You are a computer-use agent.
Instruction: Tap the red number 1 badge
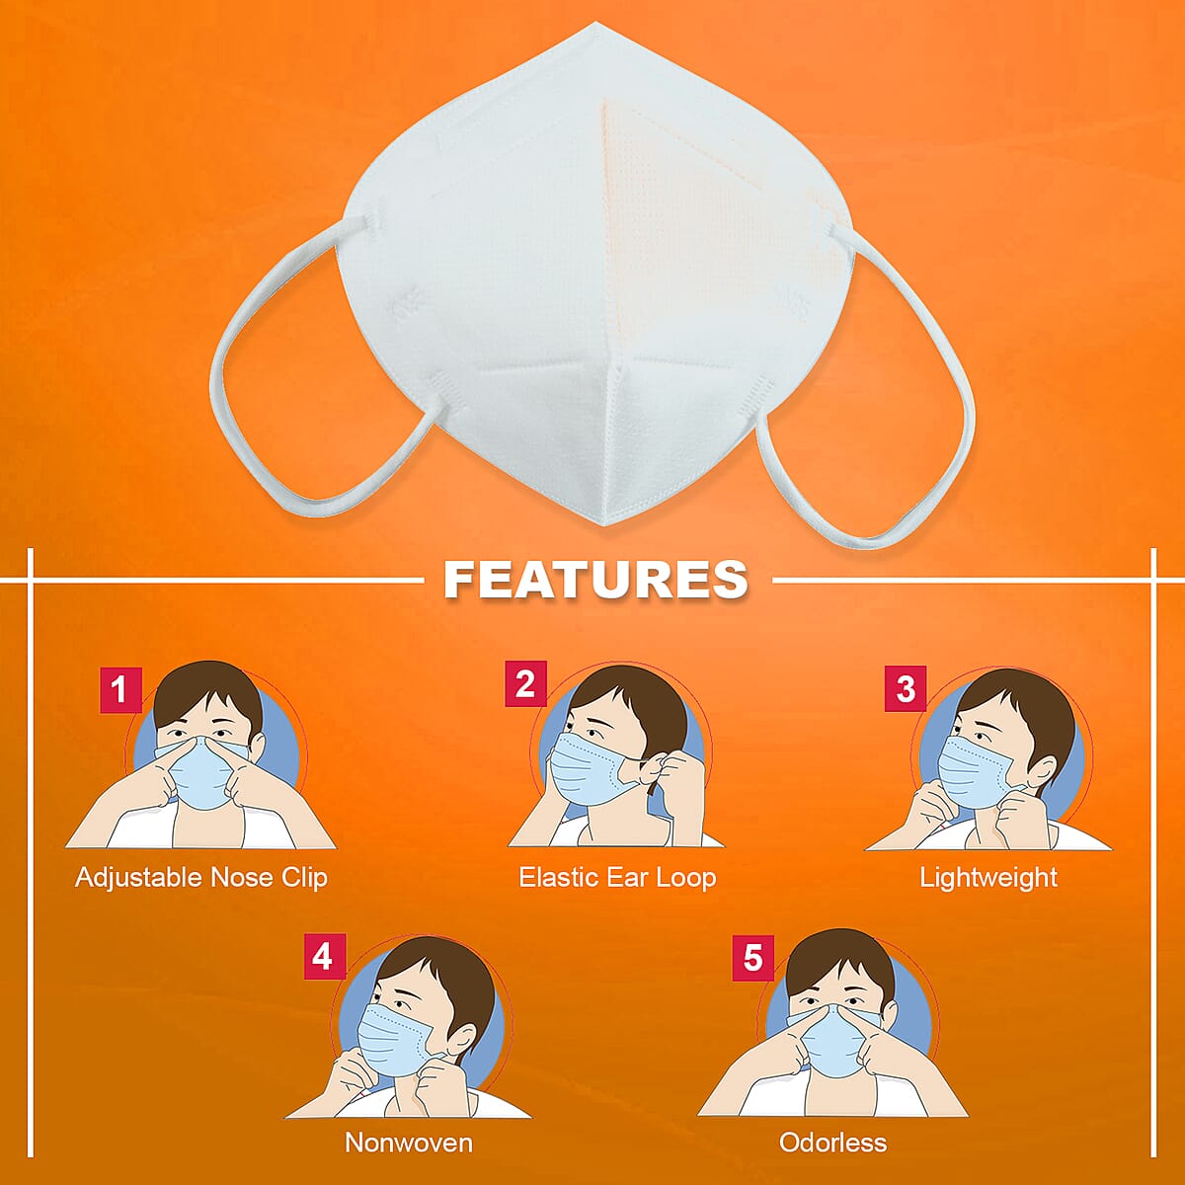click(x=120, y=690)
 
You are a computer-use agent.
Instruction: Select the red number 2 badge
click(x=525, y=683)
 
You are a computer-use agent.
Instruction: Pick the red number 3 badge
click(x=906, y=688)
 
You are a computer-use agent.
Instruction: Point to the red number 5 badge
click(x=752, y=959)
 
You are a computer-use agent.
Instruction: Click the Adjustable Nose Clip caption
click(x=201, y=878)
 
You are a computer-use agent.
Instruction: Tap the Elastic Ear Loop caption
click(x=617, y=878)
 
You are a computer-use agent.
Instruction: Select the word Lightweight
click(x=988, y=878)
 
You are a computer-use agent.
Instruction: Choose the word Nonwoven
click(x=409, y=1144)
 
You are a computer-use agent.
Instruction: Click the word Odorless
click(x=832, y=1144)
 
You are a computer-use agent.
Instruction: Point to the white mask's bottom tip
click(x=606, y=524)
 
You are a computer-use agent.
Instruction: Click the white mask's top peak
click(x=595, y=24)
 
